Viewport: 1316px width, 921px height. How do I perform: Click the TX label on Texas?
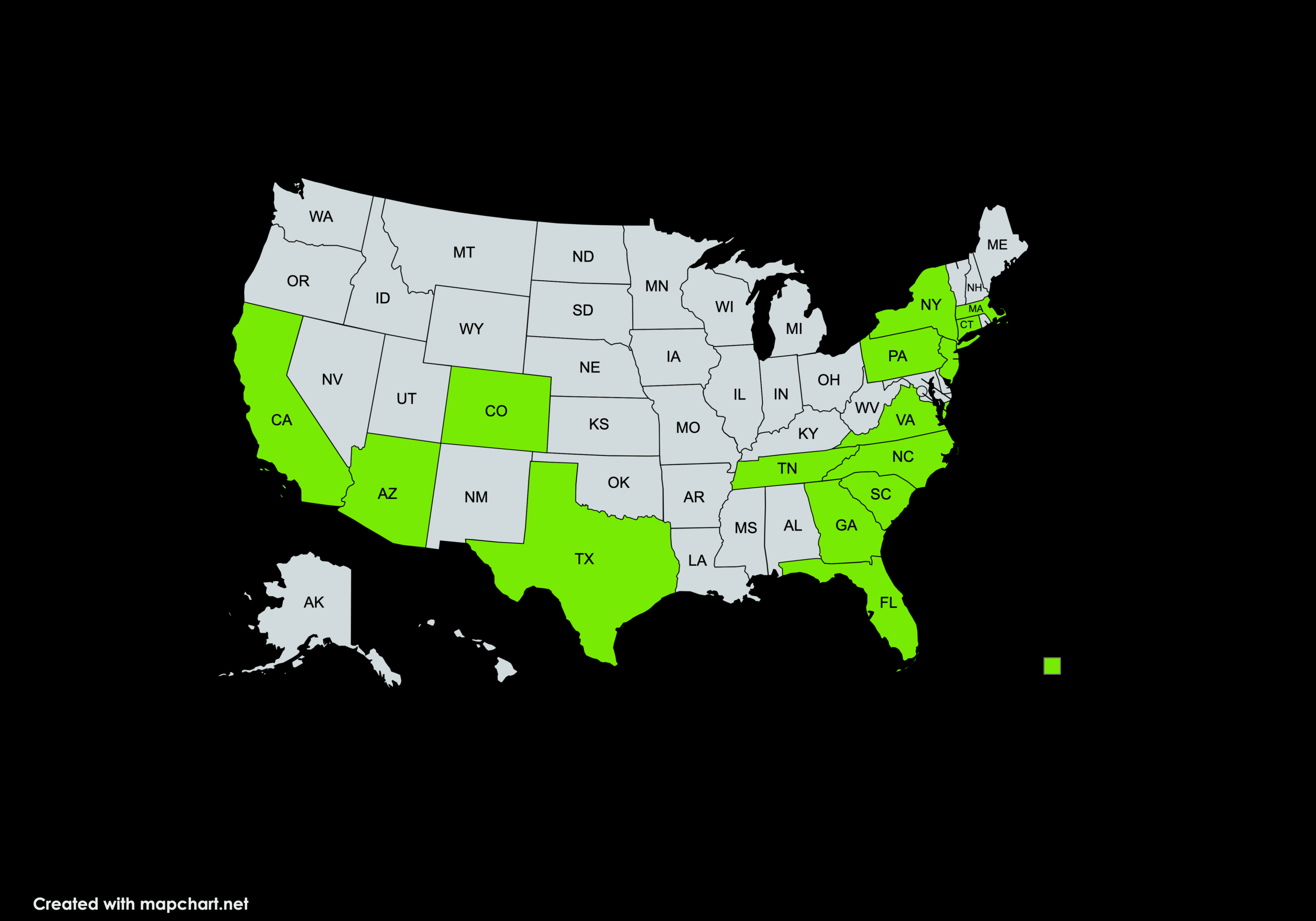click(x=584, y=559)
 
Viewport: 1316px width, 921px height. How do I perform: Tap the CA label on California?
click(x=281, y=420)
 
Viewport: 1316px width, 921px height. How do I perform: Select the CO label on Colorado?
click(x=496, y=411)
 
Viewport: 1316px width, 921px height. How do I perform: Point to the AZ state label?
click(x=388, y=493)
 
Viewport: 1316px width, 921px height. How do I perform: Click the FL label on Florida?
click(x=888, y=602)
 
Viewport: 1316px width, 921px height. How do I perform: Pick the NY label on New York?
click(x=930, y=304)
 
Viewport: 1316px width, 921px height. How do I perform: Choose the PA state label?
click(x=897, y=356)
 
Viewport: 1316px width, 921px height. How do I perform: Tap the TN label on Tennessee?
click(x=787, y=468)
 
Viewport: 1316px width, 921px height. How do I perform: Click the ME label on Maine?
click(x=997, y=245)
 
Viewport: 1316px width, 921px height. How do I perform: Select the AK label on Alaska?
click(x=314, y=602)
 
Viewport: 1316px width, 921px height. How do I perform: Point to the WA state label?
click(x=320, y=217)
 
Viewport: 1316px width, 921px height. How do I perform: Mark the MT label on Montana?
click(x=464, y=252)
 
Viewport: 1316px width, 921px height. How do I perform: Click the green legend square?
click(x=1052, y=666)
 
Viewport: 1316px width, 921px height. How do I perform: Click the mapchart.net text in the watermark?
click(x=194, y=904)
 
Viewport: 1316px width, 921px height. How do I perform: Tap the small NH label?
click(x=974, y=288)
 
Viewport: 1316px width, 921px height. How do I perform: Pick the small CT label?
click(x=966, y=324)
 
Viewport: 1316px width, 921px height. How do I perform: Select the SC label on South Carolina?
click(x=881, y=494)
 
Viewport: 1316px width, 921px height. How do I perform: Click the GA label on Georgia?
click(x=846, y=525)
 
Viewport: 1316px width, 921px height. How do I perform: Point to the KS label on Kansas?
click(x=598, y=424)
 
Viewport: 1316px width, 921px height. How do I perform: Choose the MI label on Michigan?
click(x=794, y=328)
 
